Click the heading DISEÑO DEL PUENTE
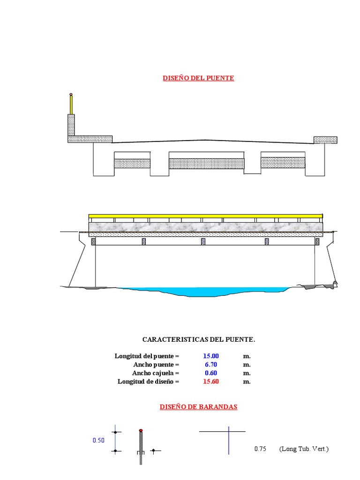(198, 78)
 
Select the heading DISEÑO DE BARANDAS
(198, 407)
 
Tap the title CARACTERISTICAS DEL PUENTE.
(199, 339)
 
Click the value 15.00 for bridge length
(210, 356)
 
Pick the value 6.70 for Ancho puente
(210, 365)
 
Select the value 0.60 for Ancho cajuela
(210, 373)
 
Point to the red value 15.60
(210, 382)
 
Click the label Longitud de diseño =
(148, 382)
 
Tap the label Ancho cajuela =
(156, 373)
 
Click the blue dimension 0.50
(98, 441)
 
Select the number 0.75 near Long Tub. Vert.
(260, 449)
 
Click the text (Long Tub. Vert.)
(304, 449)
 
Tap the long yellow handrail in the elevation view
(205, 216)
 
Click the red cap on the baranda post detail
(141, 430)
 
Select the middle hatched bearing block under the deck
(203, 241)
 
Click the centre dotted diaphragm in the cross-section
(206, 163)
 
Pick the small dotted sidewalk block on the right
(325, 140)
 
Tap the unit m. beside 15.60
(247, 382)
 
